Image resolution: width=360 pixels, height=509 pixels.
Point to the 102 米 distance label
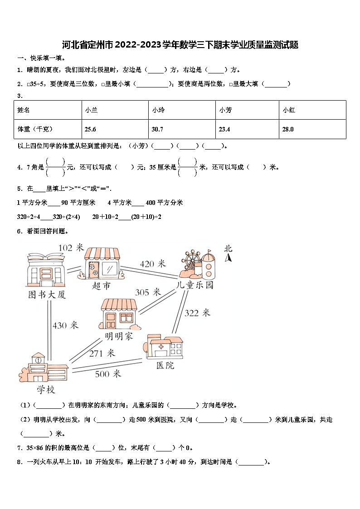[71, 247]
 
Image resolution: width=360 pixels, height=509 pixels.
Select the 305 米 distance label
[148, 292]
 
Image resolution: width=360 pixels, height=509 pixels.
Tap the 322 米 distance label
[197, 312]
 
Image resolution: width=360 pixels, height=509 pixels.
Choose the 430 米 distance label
[65, 325]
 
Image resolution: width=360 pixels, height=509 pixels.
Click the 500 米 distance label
[108, 373]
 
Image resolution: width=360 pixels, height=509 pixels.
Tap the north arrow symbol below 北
[229, 258]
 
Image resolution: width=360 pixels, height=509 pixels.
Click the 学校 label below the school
[46, 389]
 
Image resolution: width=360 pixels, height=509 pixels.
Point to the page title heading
[180, 45]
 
